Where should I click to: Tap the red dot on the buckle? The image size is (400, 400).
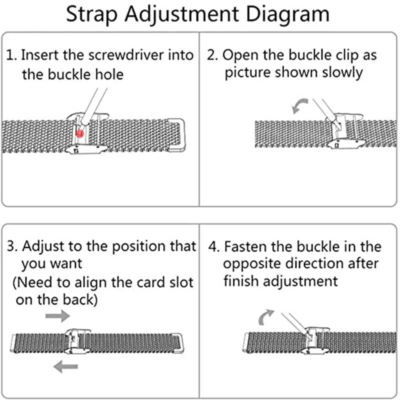(79, 133)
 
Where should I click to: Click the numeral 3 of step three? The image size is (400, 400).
(11, 247)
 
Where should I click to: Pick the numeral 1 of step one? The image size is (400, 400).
(10, 55)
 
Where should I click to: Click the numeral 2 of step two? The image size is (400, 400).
(211, 55)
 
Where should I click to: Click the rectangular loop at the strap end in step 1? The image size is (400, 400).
(176, 134)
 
